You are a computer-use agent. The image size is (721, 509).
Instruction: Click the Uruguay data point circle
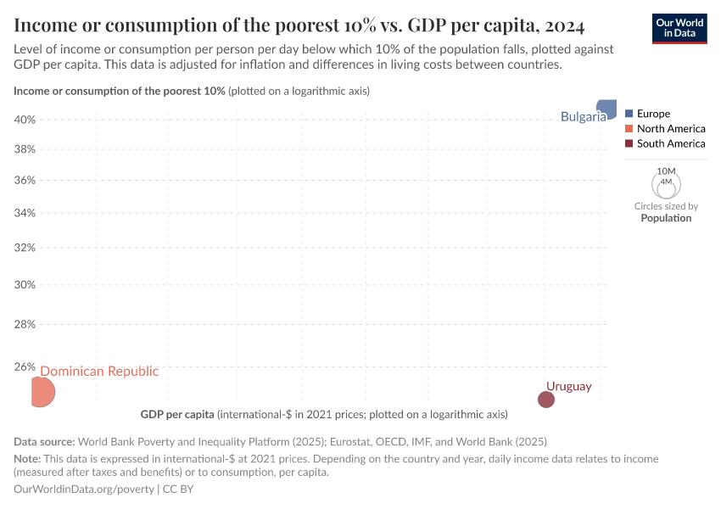[546, 400]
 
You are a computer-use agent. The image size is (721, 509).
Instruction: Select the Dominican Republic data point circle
[42, 392]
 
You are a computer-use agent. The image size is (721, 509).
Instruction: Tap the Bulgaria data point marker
[606, 109]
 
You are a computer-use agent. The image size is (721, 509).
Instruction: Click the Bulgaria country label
[583, 116]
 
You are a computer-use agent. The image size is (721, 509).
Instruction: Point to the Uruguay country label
[568, 386]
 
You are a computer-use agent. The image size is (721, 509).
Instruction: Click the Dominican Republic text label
[99, 371]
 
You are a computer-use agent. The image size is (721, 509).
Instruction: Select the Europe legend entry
[653, 114]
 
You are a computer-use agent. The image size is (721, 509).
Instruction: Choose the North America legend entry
[670, 129]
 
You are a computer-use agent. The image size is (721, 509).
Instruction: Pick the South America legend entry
[670, 144]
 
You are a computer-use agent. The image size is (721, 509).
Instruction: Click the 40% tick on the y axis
[25, 120]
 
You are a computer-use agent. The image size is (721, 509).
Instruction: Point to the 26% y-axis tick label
[25, 367]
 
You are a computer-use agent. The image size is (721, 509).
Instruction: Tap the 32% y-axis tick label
[25, 248]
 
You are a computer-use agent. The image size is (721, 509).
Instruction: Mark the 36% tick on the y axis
[25, 180]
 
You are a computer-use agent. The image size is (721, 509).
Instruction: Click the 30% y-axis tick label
[25, 284]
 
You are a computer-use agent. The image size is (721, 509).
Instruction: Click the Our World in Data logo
[679, 28]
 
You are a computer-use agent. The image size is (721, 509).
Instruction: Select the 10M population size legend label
[666, 171]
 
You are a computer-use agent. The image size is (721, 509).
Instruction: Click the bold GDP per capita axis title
[176, 415]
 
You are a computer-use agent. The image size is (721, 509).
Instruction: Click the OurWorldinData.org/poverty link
[84, 489]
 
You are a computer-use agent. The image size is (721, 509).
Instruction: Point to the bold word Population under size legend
[666, 218]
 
